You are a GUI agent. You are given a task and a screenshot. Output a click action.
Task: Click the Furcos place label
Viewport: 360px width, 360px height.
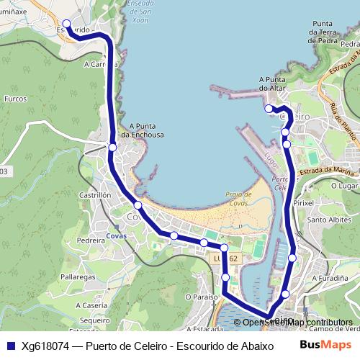[15, 98]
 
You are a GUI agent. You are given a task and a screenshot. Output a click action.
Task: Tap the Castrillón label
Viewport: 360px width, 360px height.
[95, 194]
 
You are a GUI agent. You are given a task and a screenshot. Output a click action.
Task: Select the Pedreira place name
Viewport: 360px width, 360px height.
[91, 240]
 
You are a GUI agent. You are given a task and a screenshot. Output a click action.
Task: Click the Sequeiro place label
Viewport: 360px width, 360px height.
[94, 320]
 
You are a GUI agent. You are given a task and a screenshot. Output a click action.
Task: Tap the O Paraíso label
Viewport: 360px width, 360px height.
[201, 296]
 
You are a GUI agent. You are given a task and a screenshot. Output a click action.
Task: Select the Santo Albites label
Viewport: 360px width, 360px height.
[328, 220]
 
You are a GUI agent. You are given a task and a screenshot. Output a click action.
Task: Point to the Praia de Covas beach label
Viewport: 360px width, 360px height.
[238, 199]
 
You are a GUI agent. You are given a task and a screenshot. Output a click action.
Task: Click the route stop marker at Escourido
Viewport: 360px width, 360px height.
[67, 24]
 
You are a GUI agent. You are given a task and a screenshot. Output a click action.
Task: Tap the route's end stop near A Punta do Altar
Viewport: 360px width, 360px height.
[269, 109]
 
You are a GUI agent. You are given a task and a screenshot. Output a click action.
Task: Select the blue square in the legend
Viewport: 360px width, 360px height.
[10, 346]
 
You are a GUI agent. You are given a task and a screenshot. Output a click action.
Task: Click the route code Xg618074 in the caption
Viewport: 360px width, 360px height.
[45, 346]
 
